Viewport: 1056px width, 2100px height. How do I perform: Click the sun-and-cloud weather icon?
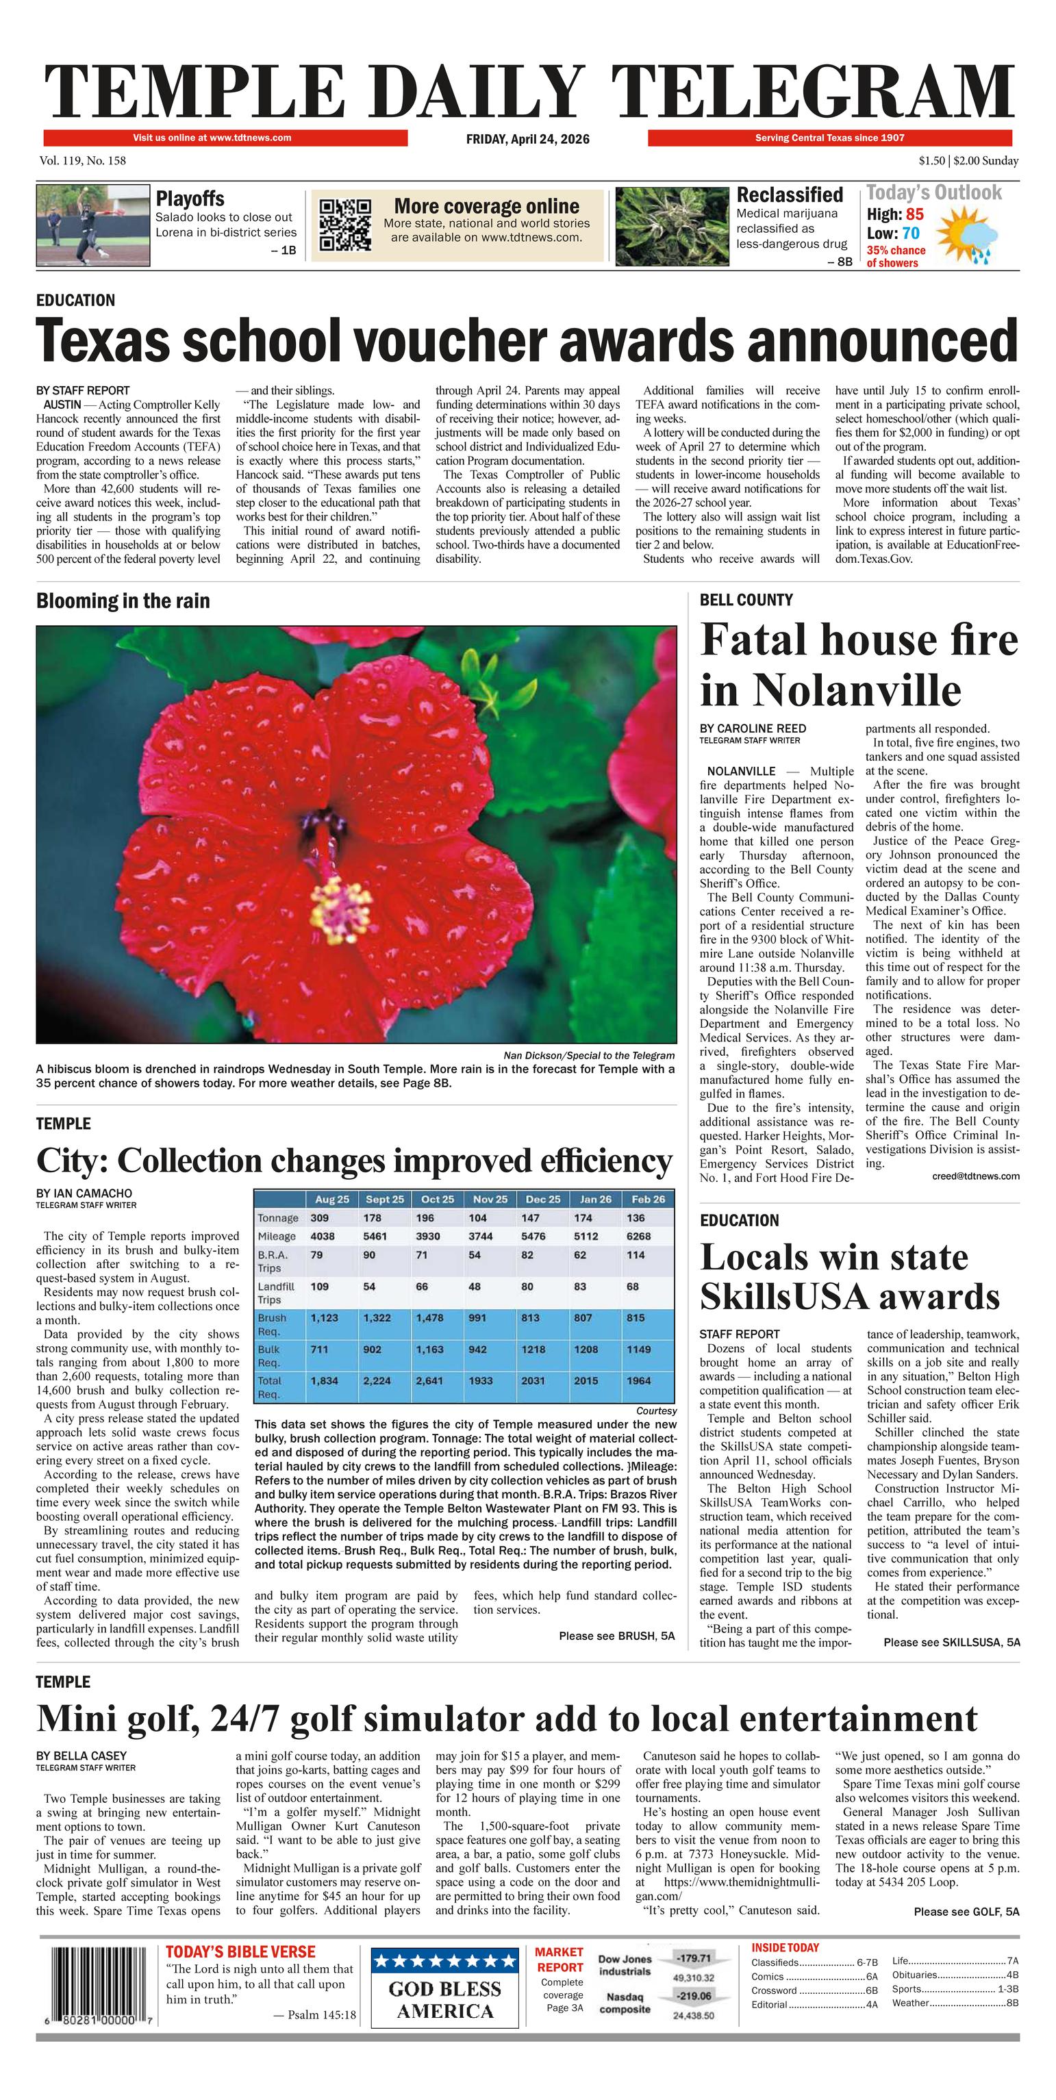[967, 236]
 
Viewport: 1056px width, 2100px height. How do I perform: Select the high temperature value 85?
[914, 214]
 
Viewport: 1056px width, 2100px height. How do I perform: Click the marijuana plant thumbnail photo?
[671, 226]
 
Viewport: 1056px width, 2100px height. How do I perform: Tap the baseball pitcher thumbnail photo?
[94, 225]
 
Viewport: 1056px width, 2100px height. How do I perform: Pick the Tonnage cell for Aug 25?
[319, 1218]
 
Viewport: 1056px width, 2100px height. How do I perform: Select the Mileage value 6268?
[638, 1236]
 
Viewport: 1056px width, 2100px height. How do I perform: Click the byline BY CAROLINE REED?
[753, 728]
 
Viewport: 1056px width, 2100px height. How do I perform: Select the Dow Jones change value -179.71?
[693, 1958]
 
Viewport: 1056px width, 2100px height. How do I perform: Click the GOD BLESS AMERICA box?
[445, 1989]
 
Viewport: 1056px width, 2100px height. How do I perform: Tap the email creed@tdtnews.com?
[975, 1176]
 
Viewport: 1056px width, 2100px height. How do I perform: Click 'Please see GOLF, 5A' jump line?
[966, 1912]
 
